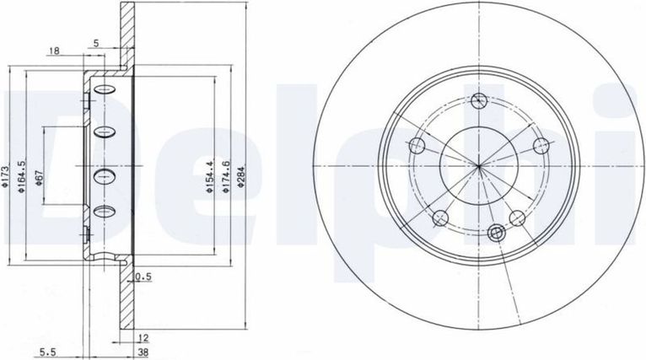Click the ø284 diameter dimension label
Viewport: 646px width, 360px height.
pos(241,176)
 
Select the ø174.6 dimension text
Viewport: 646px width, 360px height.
pos(226,177)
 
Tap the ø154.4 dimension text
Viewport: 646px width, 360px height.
pos(210,178)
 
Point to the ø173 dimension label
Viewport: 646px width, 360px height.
pos(5,177)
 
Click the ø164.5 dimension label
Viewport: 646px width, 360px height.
pos(22,177)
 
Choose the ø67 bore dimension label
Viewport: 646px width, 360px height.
pos(39,178)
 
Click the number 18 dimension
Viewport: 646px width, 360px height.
pos(54,51)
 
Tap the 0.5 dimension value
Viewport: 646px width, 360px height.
pos(143,277)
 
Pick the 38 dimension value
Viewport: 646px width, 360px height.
pos(143,352)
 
